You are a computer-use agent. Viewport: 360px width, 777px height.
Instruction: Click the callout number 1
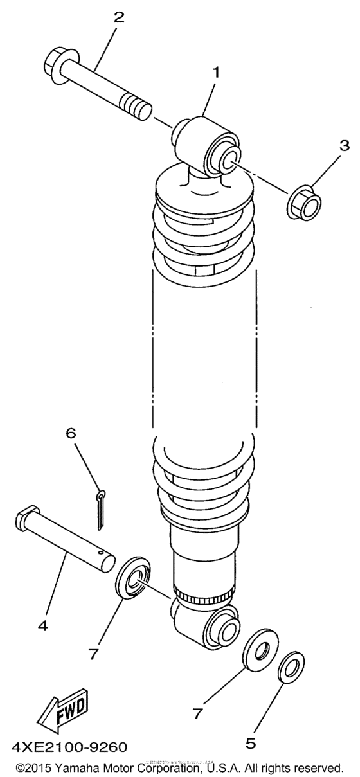215,73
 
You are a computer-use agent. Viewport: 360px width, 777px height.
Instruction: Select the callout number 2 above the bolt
118,17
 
